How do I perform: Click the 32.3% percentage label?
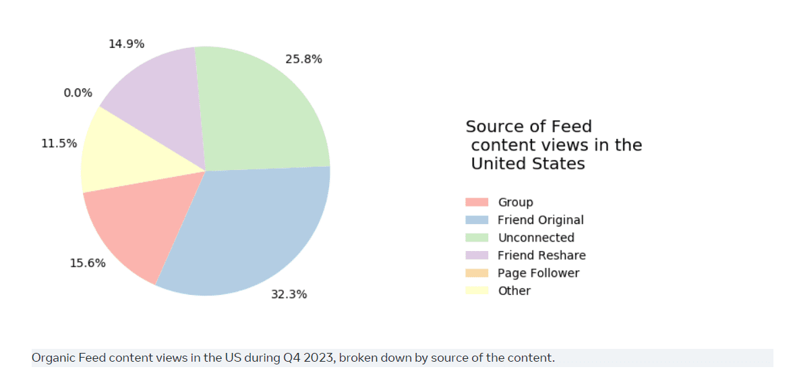pyautogui.click(x=289, y=294)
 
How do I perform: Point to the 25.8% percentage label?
pyautogui.click(x=303, y=59)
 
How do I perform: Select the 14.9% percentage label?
pyautogui.click(x=126, y=44)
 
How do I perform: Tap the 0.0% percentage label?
pyautogui.click(x=78, y=93)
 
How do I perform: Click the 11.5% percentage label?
pyautogui.click(x=59, y=143)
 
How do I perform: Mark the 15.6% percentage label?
pyautogui.click(x=88, y=263)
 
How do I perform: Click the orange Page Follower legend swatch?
pyautogui.click(x=477, y=273)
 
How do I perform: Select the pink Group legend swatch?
pyautogui.click(x=477, y=202)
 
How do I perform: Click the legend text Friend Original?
pyautogui.click(x=540, y=220)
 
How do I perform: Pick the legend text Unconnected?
pyautogui.click(x=536, y=238)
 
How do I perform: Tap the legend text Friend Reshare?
pyautogui.click(x=541, y=255)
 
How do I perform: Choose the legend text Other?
pyautogui.click(x=515, y=291)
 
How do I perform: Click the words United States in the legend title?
pyautogui.click(x=528, y=164)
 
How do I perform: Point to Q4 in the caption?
pyautogui.click(x=291, y=358)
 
